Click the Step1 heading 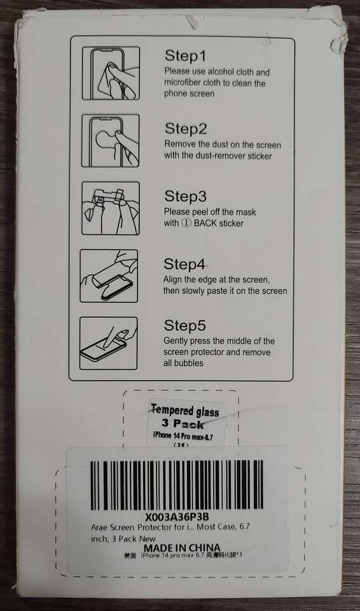point(185,56)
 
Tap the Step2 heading point(186,129)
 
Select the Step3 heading point(186,196)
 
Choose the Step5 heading point(184,325)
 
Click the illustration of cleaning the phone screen point(111,73)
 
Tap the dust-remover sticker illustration point(110,141)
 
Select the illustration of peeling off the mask point(110,208)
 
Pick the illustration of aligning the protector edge point(109,276)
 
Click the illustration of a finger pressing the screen point(108,343)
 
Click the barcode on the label point(176,485)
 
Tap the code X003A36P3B point(177,517)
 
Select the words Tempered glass point(184,411)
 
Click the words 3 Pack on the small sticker point(183,424)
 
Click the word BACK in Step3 point(205,223)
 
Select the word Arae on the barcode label point(100,528)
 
